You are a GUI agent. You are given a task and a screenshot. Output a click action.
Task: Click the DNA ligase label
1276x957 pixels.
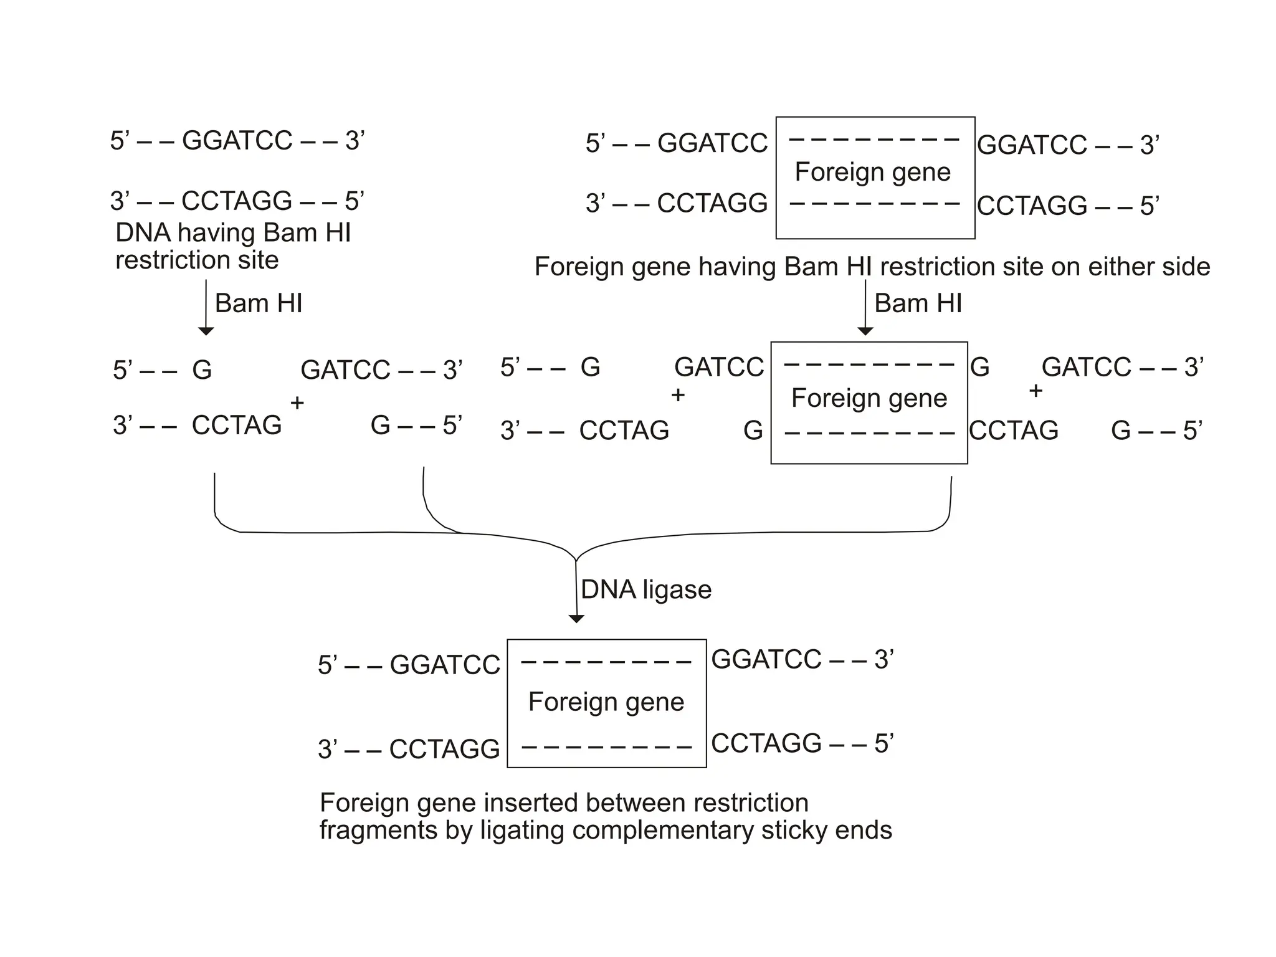(645, 589)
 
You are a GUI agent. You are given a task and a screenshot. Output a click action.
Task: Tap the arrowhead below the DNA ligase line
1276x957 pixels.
(576, 619)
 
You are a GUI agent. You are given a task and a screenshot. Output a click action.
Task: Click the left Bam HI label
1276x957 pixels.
(259, 303)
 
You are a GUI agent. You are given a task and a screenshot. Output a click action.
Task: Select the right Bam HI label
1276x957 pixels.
(918, 303)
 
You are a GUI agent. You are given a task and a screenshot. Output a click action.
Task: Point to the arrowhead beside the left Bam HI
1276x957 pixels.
(206, 331)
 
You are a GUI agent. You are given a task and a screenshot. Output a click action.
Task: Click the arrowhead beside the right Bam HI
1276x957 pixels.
(865, 331)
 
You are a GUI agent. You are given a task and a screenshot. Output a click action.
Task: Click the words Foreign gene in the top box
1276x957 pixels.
(872, 172)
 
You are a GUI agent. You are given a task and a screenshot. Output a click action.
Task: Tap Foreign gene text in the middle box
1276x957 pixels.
(869, 398)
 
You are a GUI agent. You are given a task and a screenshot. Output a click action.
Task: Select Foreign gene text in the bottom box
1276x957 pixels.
(606, 702)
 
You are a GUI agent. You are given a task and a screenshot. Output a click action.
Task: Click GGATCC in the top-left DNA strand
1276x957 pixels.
(237, 141)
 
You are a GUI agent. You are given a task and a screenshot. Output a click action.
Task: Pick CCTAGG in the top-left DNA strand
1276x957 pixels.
(237, 201)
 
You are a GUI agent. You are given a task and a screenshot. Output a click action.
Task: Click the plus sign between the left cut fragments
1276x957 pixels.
(297, 403)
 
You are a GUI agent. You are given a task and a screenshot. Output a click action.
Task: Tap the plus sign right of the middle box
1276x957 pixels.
(1036, 391)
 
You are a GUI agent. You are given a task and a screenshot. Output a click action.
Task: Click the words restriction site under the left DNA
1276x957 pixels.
(197, 260)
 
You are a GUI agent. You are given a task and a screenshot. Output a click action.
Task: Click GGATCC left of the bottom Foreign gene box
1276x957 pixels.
(445, 665)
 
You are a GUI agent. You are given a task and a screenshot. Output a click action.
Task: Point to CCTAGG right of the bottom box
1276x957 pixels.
(766, 743)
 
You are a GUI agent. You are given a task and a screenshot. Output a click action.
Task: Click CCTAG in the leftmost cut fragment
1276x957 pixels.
(237, 426)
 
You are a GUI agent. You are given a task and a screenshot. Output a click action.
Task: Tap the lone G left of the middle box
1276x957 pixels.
(753, 431)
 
